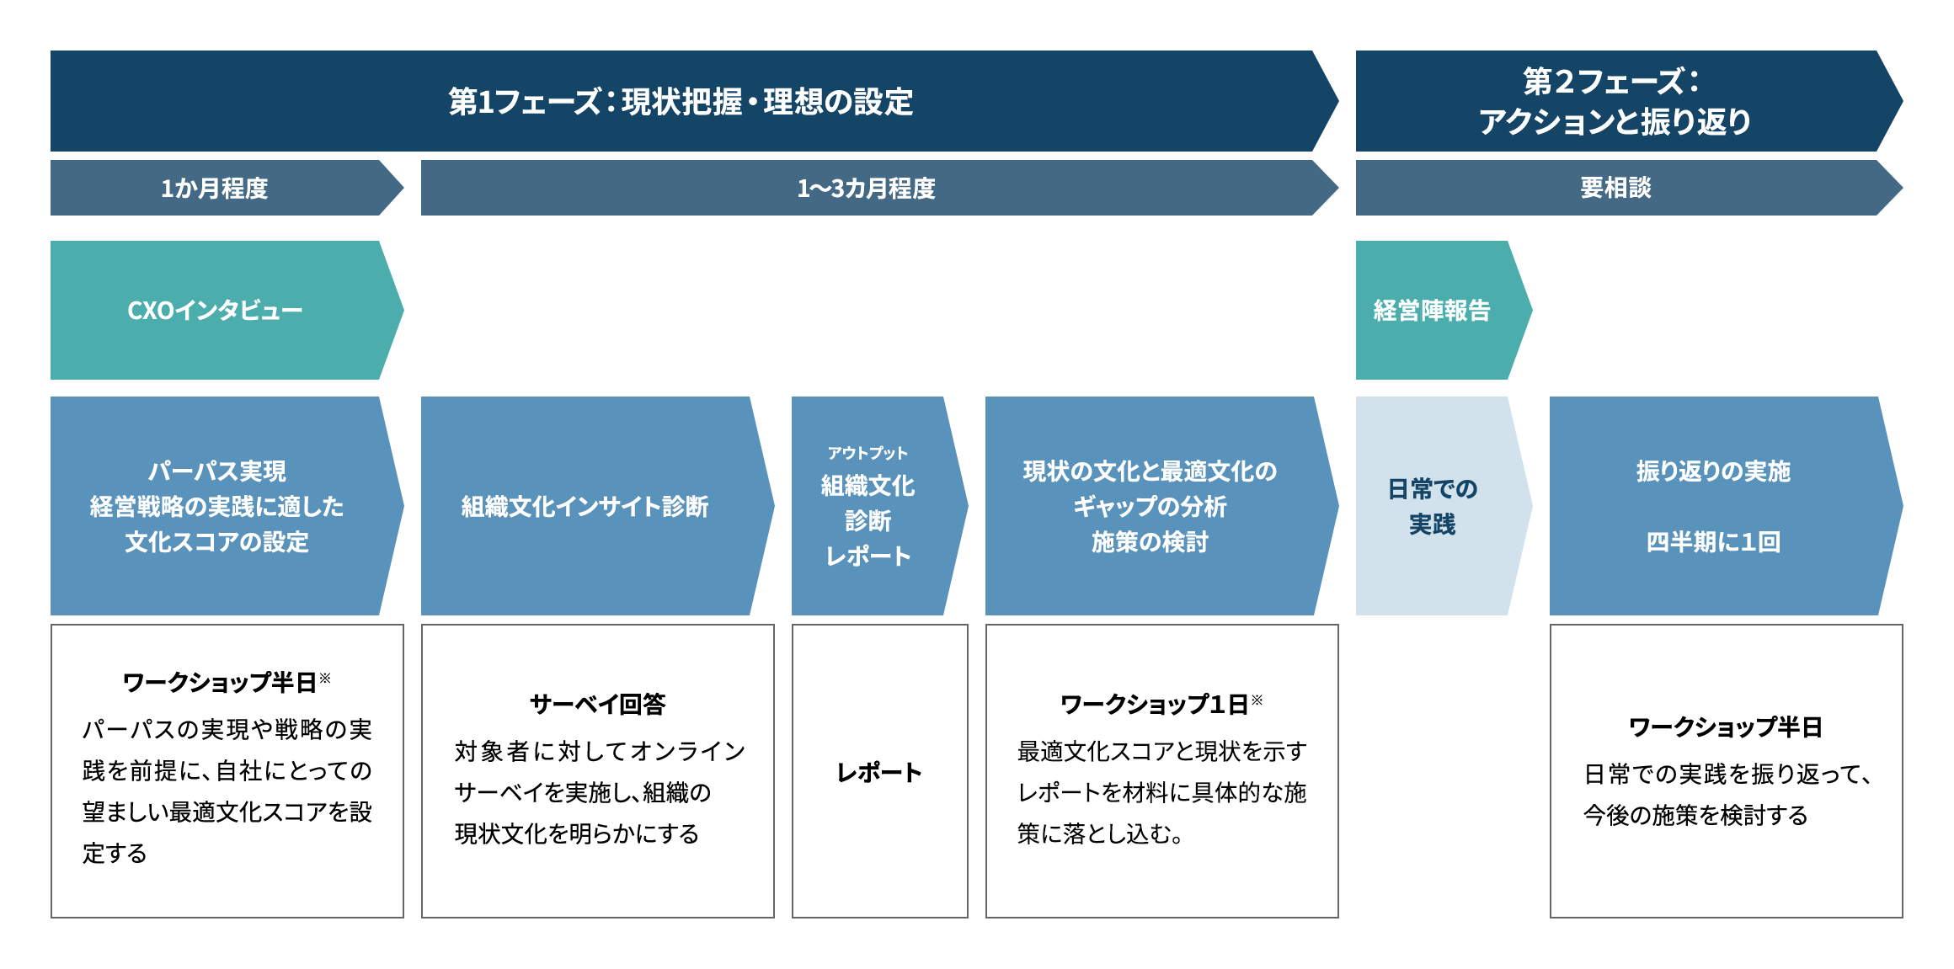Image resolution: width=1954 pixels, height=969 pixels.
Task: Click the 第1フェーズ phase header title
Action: tap(681, 102)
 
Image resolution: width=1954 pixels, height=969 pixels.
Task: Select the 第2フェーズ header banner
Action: tap(1629, 101)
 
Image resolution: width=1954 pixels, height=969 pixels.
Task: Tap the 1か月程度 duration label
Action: tap(214, 188)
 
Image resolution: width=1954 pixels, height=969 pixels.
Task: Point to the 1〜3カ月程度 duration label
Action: tap(866, 188)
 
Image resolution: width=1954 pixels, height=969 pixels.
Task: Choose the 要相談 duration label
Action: tap(1615, 187)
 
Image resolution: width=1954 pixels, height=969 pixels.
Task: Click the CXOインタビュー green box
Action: tap(227, 310)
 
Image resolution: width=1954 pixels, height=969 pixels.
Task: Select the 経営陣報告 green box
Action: tap(1444, 310)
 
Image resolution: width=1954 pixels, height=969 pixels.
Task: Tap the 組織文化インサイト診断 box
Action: tap(597, 506)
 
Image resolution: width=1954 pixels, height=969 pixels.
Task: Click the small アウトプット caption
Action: tap(868, 453)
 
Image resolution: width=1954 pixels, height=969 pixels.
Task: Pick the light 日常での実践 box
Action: tap(1444, 506)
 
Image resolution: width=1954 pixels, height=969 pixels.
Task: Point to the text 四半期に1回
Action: tap(1713, 541)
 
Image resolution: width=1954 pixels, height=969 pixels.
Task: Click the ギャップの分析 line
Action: tap(1150, 506)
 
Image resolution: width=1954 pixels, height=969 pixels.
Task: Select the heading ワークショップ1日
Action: tap(1154, 704)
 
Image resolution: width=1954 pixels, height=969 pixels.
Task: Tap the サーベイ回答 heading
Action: tap(597, 704)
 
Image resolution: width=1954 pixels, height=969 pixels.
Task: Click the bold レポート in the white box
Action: tap(879, 772)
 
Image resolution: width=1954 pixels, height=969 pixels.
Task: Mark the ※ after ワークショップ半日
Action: tap(325, 678)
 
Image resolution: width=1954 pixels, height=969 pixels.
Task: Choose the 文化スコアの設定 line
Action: tap(216, 541)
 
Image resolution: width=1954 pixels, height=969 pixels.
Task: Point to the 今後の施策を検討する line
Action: tap(1695, 815)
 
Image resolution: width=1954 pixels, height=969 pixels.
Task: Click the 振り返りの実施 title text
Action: tap(1713, 471)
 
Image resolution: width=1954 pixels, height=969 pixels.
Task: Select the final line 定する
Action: tap(115, 853)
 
